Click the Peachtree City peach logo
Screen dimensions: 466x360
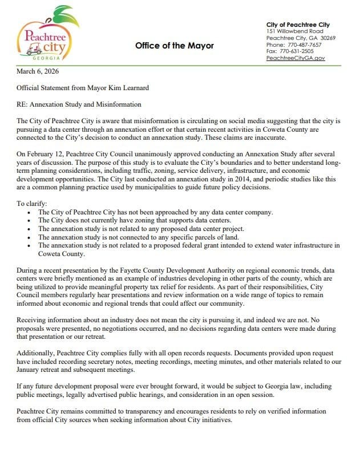coord(45,33)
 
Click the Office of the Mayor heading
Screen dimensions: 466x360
coord(175,46)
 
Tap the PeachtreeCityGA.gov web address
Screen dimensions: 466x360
coord(296,58)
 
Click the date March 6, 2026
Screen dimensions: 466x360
coord(38,72)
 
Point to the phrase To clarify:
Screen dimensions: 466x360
coord(29,204)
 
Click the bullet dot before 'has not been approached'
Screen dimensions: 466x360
coord(30,213)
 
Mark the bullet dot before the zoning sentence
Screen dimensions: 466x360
coord(30,221)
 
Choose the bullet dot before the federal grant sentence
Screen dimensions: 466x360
coord(30,245)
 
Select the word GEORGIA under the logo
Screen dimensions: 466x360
coord(45,58)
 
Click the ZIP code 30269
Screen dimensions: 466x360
coord(327,38)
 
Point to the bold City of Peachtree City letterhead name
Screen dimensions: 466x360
coord(298,25)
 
